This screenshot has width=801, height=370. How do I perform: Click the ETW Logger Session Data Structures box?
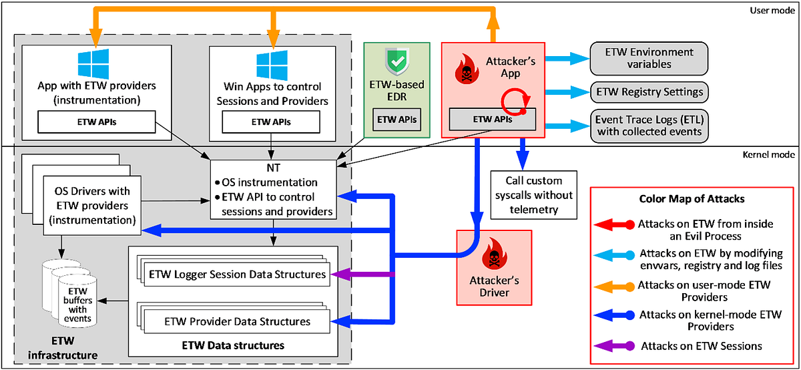238,274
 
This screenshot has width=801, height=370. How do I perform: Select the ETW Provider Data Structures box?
238,322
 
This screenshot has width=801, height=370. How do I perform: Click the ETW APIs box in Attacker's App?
493,120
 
